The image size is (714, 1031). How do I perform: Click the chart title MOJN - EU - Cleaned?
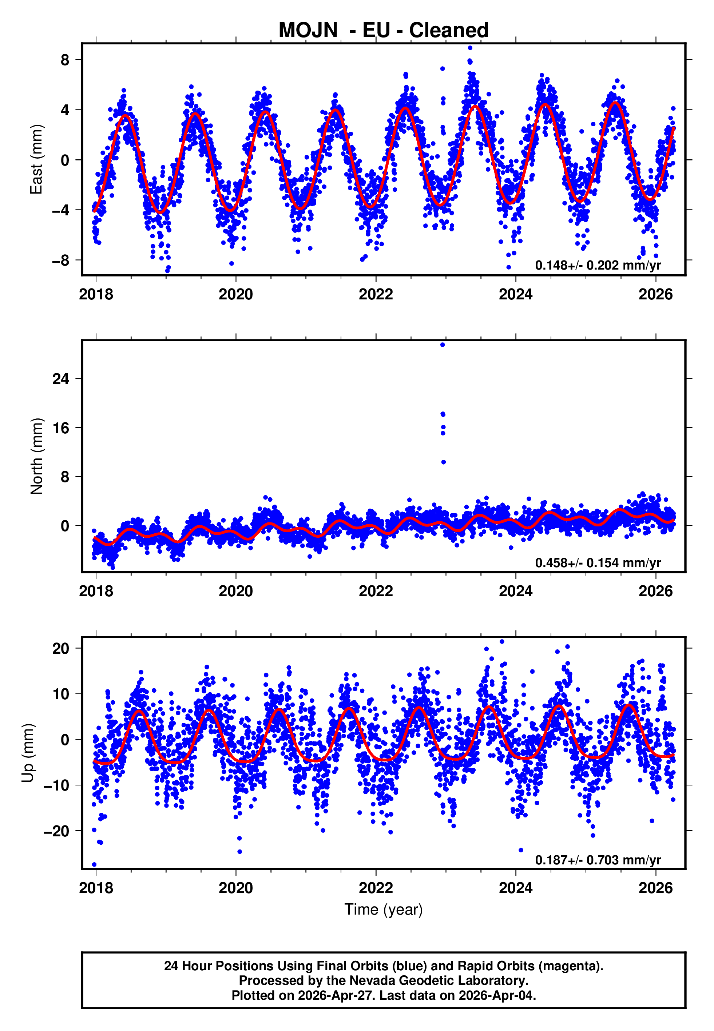pyautogui.click(x=384, y=30)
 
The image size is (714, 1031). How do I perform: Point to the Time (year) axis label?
pyautogui.click(x=384, y=909)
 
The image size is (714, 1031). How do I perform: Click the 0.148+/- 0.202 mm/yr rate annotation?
pyautogui.click(x=598, y=265)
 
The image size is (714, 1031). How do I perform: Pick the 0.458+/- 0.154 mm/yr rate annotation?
pyautogui.click(x=598, y=562)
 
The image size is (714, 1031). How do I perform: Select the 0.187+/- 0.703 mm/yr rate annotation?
pyautogui.click(x=598, y=860)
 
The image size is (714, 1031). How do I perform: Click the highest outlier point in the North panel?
pyautogui.click(x=443, y=345)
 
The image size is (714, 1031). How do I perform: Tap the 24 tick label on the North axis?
pyautogui.click(x=61, y=379)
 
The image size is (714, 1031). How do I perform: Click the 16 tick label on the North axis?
pyautogui.click(x=61, y=428)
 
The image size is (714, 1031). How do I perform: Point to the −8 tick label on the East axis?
pyautogui.click(x=60, y=260)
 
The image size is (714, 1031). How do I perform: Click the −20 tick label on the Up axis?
pyautogui.click(x=56, y=831)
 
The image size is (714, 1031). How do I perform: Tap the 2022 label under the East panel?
pyautogui.click(x=376, y=294)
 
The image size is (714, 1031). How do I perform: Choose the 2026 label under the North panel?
pyautogui.click(x=655, y=591)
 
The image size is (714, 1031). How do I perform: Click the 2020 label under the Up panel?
pyautogui.click(x=236, y=888)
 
